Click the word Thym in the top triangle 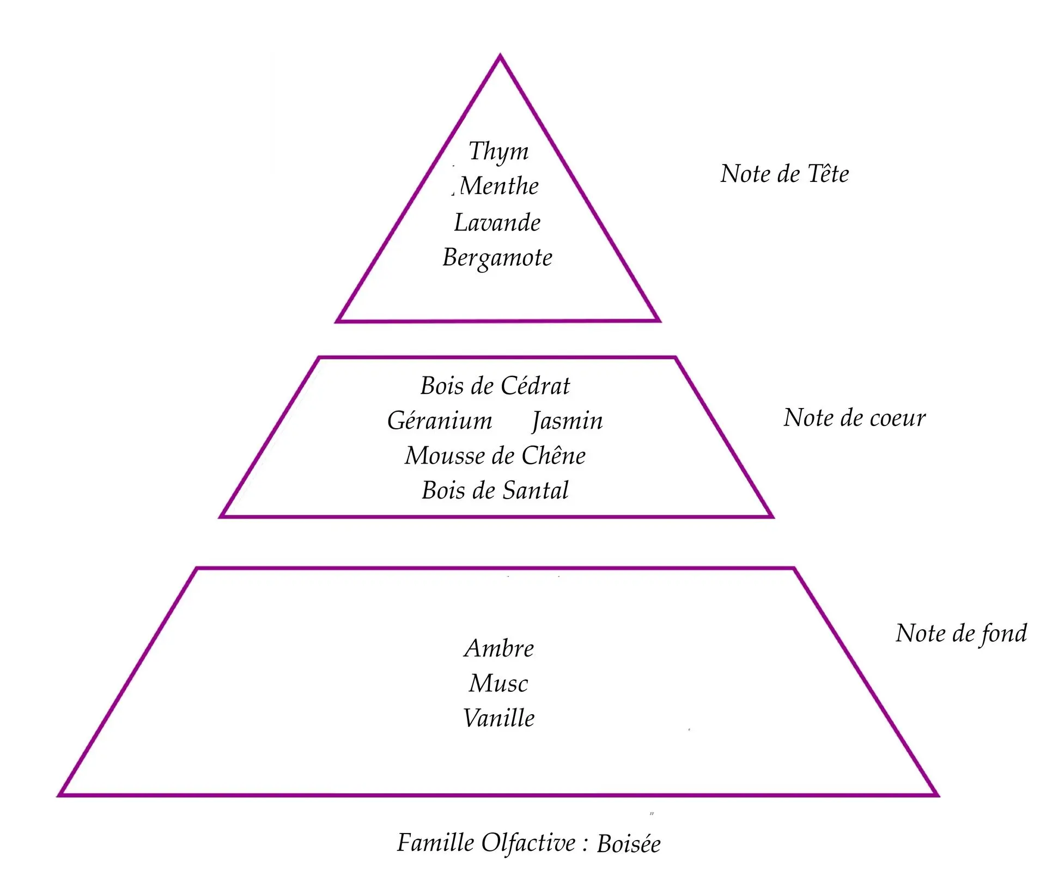[498, 151]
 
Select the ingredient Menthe [500, 186]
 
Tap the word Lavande [497, 223]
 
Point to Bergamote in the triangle [497, 258]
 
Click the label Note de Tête [784, 174]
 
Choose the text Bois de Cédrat [495, 386]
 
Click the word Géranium [440, 421]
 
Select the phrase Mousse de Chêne [495, 456]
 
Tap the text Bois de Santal [495, 490]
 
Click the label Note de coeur [854, 418]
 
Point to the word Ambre [499, 648]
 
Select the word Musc [498, 684]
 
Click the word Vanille [499, 718]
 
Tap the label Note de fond [961, 634]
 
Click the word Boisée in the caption [629, 844]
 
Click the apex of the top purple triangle [500, 56]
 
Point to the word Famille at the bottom [435, 843]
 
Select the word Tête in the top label [828, 174]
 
